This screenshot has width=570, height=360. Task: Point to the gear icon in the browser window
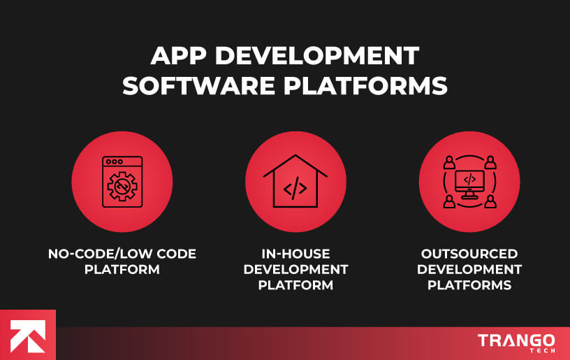(122, 187)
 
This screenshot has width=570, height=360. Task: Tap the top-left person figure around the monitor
(448, 163)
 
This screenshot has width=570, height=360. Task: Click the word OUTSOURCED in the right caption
(469, 254)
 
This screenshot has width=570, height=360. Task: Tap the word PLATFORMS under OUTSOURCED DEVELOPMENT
(469, 285)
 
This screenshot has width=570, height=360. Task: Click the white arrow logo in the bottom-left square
(27, 334)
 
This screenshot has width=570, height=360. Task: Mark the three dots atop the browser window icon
(112, 161)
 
